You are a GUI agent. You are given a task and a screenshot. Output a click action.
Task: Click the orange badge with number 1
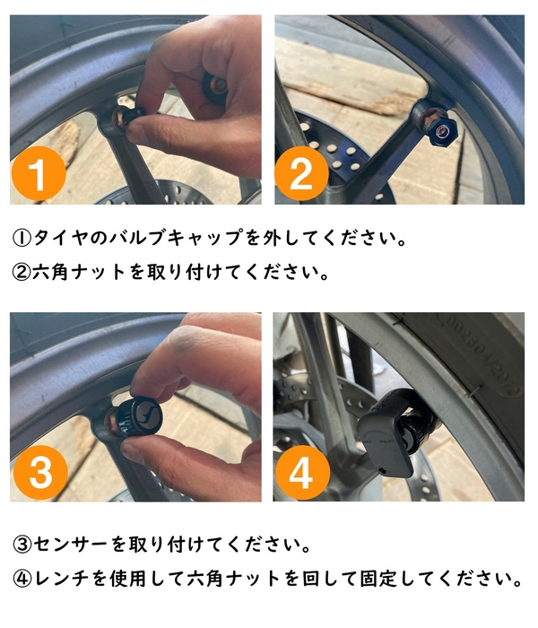point(39,177)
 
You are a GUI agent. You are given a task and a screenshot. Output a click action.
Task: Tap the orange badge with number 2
point(300,177)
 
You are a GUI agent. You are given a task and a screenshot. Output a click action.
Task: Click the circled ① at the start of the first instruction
point(22,239)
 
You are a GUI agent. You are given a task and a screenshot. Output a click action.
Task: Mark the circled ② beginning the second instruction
point(22,272)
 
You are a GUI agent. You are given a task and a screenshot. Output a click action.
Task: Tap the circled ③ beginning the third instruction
point(22,544)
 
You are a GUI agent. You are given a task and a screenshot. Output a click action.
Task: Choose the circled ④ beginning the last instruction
point(22,577)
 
